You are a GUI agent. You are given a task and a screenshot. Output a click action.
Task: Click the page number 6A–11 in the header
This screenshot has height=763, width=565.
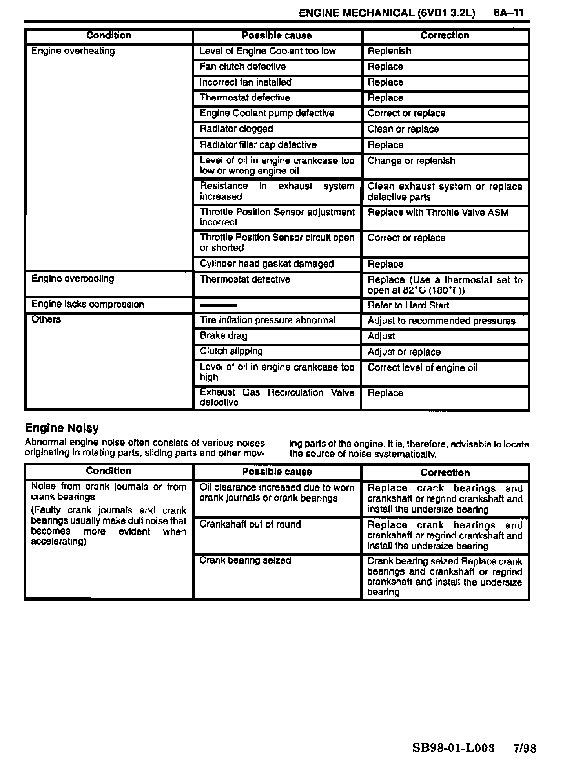coord(508,13)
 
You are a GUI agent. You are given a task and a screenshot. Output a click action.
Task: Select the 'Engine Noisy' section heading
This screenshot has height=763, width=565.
coord(62,428)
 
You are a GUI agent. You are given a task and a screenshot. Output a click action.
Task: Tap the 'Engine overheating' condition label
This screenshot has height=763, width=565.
coord(73,51)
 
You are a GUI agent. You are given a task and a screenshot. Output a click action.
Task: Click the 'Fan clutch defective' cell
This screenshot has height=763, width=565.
coord(242,67)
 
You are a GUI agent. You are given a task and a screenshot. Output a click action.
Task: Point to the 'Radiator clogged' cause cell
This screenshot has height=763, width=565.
coord(236,129)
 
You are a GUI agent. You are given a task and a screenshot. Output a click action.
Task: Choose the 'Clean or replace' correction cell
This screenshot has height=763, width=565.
coord(403,129)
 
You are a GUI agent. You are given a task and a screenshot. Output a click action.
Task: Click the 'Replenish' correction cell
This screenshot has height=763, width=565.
coord(389,51)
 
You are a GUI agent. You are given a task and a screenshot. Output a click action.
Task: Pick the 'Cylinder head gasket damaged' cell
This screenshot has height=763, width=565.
coord(267,264)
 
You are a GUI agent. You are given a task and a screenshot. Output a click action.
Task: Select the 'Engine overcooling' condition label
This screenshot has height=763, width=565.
coord(73,279)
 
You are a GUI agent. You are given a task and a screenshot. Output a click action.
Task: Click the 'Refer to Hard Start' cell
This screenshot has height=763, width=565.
coord(408,305)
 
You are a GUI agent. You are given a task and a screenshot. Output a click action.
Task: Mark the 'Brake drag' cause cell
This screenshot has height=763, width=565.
coord(224,336)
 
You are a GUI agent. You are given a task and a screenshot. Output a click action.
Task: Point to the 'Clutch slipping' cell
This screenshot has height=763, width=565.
coord(231,351)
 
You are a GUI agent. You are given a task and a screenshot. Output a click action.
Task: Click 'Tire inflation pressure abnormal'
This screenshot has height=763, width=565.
coord(268,320)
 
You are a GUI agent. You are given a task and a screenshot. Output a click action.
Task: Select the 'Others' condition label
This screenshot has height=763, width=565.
coord(46,319)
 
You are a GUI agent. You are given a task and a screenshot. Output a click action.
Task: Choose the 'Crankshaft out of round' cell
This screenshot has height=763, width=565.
coord(250,524)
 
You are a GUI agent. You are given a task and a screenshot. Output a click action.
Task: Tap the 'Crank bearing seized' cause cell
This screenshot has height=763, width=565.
coord(245,560)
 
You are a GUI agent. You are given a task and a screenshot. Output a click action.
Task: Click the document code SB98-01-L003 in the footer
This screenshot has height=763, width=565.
coord(453,748)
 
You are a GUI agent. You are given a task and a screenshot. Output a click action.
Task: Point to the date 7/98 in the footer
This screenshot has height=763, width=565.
coord(525,748)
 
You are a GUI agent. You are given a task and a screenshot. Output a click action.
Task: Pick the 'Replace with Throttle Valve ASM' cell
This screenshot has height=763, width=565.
coord(438,213)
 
